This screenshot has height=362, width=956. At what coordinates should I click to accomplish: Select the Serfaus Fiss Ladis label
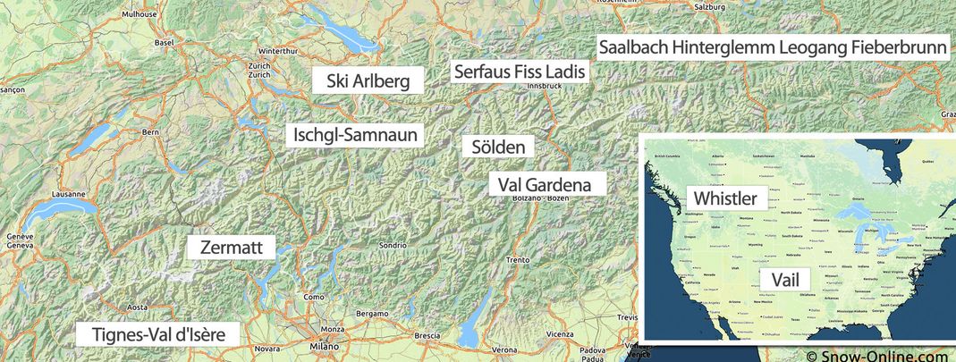(519, 71)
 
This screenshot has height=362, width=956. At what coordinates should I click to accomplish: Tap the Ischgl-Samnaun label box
(355, 135)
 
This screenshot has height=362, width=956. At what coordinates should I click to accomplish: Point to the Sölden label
(498, 147)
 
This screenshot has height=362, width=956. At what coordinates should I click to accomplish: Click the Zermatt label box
(230, 248)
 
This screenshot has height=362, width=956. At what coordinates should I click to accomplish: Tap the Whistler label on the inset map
(726, 198)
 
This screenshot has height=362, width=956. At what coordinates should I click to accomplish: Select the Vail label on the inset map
(784, 279)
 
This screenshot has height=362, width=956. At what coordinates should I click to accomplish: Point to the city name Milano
(325, 347)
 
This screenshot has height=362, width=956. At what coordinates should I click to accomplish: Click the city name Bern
(150, 132)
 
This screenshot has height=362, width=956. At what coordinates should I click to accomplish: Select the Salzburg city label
(712, 7)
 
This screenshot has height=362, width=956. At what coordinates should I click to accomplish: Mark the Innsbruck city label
(544, 86)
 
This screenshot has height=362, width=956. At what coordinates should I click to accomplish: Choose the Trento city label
(518, 260)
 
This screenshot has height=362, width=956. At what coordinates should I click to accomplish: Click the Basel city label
(164, 42)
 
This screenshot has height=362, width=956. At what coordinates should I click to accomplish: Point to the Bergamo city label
(372, 314)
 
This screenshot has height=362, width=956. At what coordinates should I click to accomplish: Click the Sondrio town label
(393, 244)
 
